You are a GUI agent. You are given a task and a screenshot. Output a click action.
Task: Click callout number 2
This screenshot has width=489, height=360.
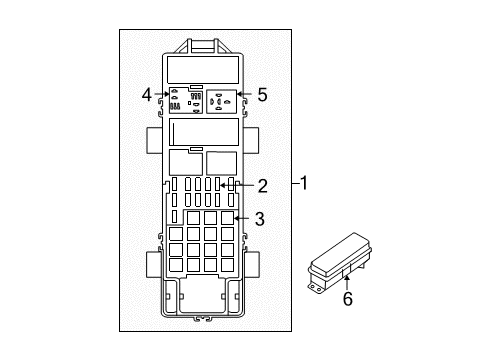(262, 184)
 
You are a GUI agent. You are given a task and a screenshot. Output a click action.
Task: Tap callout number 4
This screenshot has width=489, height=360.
(147, 95)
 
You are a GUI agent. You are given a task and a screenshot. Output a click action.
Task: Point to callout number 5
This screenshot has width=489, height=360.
(262, 96)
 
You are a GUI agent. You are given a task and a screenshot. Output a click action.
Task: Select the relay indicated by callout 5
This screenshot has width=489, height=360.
(222, 100)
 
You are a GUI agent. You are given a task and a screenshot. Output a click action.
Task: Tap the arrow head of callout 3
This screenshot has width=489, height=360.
(234, 217)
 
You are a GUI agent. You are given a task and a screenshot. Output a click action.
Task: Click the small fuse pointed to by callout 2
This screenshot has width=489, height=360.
(227, 185)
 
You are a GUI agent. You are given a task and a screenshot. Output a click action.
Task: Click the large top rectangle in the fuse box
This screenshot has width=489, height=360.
(203, 68)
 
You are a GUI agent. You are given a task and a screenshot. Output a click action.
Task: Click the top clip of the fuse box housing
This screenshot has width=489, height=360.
(203, 44)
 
